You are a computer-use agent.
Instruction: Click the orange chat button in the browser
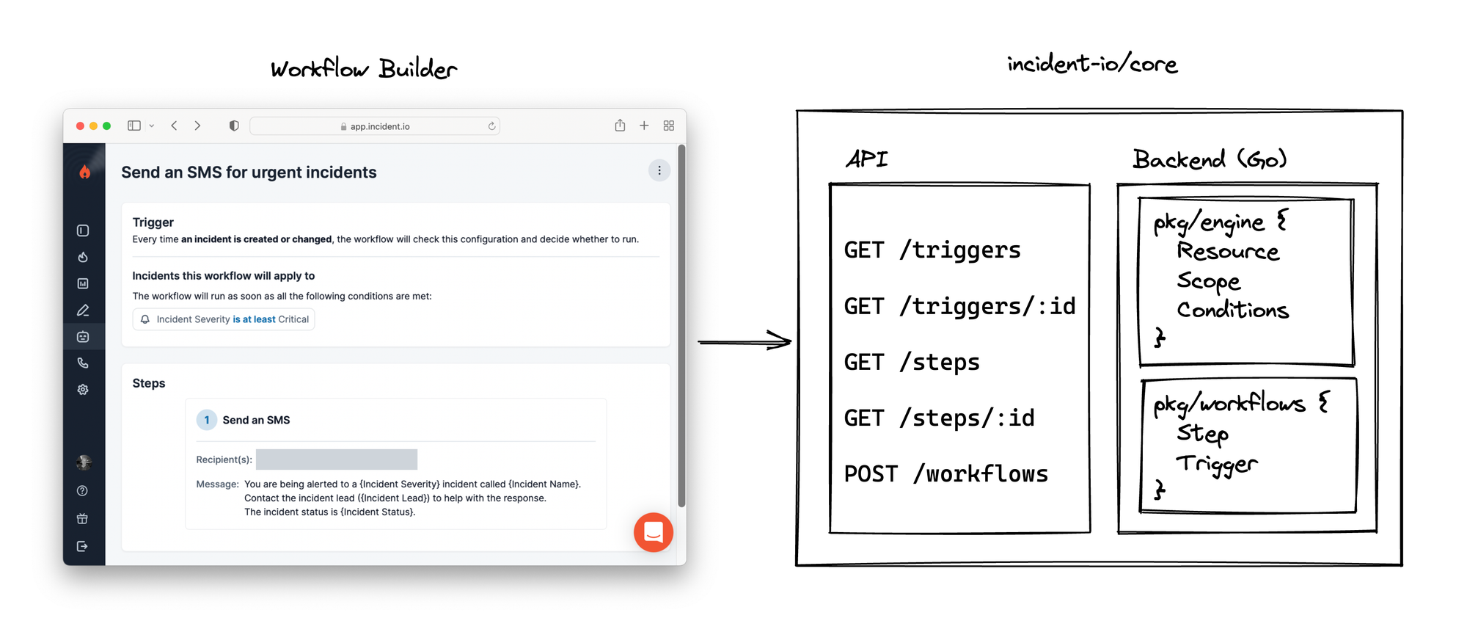653,532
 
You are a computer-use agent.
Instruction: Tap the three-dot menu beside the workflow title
659,171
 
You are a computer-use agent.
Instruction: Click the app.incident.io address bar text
379,126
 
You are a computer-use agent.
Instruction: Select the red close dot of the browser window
80,126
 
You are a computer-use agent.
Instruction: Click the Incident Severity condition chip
224,319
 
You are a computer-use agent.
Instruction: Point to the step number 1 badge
206,420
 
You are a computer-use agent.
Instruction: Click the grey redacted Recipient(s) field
337,459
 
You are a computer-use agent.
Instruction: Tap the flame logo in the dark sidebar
84,172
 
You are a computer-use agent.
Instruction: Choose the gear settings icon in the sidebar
83,390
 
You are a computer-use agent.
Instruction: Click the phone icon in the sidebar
83,363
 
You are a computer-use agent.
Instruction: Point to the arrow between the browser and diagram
744,341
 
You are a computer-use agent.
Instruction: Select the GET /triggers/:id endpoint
959,306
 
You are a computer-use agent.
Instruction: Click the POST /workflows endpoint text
945,474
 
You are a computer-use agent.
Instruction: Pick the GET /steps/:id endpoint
939,418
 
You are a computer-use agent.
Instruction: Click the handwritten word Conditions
1232,310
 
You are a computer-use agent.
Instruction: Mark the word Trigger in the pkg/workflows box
1216,464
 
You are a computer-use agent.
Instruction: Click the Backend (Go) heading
1209,159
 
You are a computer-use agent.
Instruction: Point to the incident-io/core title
1092,65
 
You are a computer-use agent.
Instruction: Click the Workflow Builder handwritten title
364,69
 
